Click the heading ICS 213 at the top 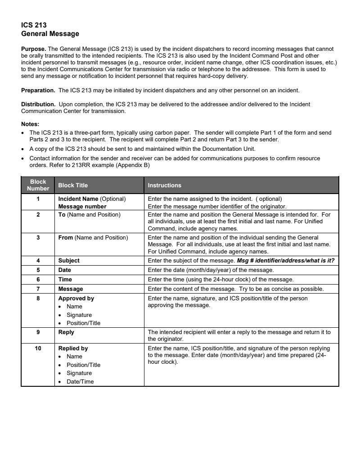[34, 25]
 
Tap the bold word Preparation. [38, 90]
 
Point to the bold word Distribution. [39, 104]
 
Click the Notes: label [30, 124]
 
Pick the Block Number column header [38, 185]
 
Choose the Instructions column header [164, 185]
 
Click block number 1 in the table [38, 199]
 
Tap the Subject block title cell [69, 260]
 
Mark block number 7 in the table [38, 289]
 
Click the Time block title [65, 279]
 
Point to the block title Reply [66, 332]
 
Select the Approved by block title [76, 298]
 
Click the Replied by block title [73, 348]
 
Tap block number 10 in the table [38, 348]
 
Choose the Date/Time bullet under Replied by [79, 382]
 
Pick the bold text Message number [82, 207]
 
